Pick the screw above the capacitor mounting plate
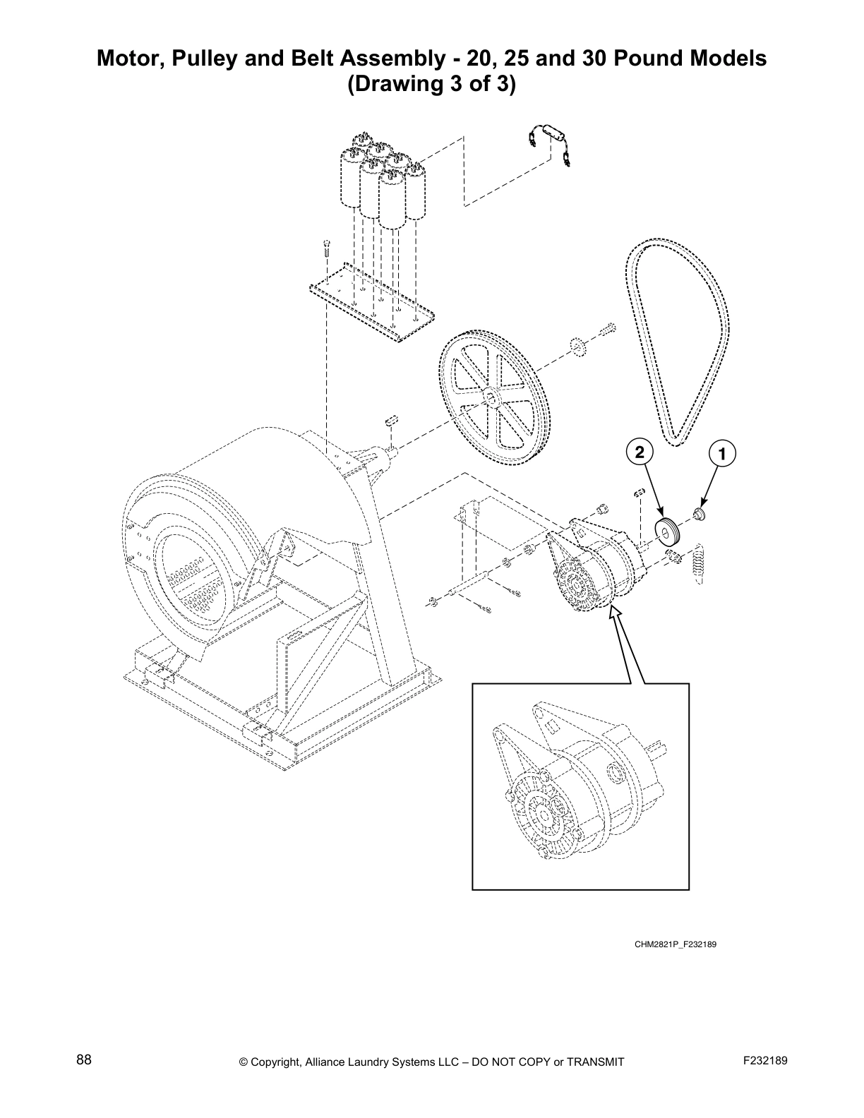point(326,249)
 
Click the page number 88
point(83,1060)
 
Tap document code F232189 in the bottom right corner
point(764,1060)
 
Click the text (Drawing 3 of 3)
point(431,85)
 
